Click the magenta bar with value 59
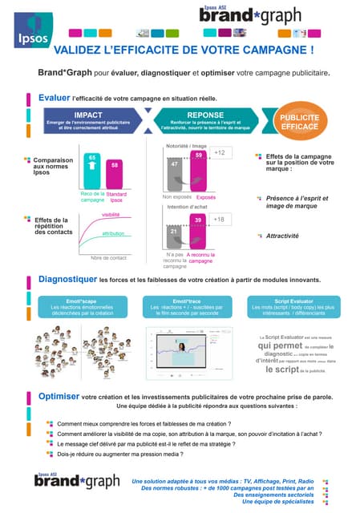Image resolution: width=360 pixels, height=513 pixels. [x=198, y=170]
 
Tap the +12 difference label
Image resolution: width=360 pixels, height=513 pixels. [x=219, y=152]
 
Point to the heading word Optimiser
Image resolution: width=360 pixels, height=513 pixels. [x=59, y=396]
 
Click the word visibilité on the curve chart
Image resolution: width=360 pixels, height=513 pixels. [x=111, y=215]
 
